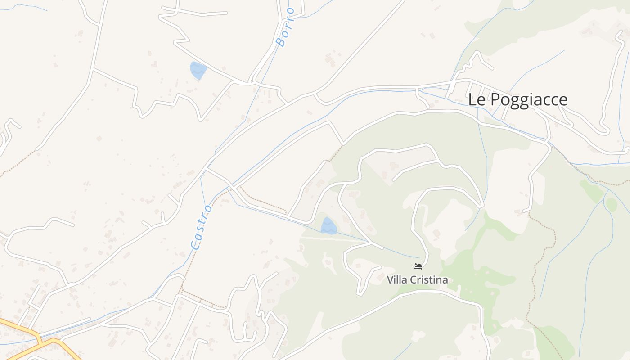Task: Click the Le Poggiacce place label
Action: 517,99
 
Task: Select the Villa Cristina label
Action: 417,280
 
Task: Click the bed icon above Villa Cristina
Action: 417,266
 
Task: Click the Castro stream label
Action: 201,228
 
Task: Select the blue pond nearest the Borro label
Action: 198,70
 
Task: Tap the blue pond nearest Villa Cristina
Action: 328,226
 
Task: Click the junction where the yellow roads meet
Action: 40,338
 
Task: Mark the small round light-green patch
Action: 611,205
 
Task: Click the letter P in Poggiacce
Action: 495,99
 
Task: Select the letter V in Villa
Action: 390,280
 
